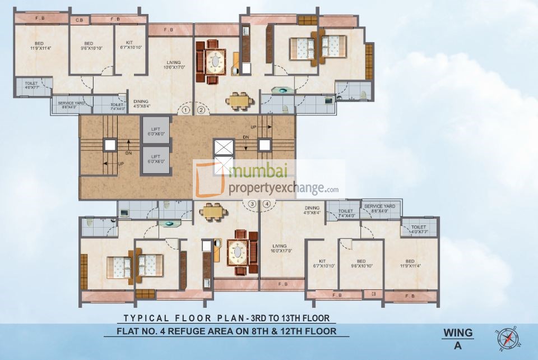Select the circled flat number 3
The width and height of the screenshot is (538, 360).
click(x=253, y=204)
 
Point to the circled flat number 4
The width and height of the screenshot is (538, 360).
click(x=267, y=204)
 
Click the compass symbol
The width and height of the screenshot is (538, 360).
click(x=507, y=338)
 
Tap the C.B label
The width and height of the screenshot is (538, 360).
click(x=79, y=20)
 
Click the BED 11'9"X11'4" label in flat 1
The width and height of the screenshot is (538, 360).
click(x=39, y=46)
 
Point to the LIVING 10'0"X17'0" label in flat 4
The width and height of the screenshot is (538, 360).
click(x=280, y=248)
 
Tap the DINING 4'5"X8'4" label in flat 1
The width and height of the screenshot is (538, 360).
click(x=141, y=104)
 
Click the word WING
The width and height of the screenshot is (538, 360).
click(x=457, y=333)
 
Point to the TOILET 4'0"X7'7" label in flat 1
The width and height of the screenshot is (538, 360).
click(x=31, y=85)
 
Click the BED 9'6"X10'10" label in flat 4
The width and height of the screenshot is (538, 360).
click(x=361, y=263)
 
